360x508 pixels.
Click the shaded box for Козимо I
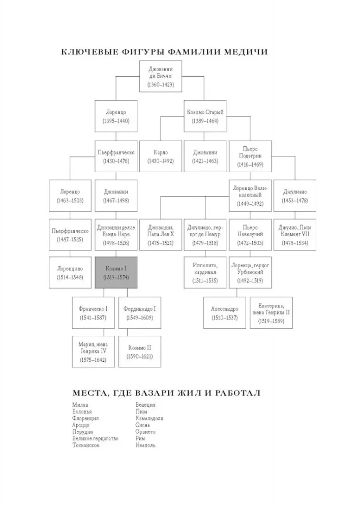[116, 272]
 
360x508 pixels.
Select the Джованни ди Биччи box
[161, 76]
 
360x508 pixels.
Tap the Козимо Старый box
[205, 116]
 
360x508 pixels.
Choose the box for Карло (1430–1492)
[161, 156]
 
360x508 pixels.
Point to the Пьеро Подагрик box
[250, 156]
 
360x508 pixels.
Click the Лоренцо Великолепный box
[250, 196]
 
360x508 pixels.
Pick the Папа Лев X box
[161, 235]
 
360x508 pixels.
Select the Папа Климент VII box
[295, 235]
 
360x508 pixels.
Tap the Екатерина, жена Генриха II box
[271, 312]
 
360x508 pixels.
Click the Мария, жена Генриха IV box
[93, 352]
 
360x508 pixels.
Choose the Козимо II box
[140, 352]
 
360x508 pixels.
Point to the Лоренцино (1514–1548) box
[70, 272]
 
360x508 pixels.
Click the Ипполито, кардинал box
[205, 272]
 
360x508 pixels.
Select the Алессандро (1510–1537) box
[224, 312]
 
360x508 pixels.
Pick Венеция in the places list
[145, 405]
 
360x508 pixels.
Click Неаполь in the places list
[145, 445]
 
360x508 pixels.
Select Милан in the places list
[80, 405]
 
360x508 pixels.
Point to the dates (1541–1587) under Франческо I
[93, 318]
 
